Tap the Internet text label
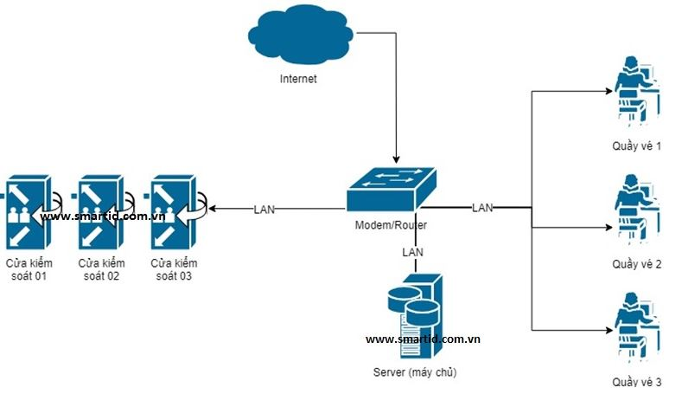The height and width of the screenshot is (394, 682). coord(298,79)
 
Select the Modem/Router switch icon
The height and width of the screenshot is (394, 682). coord(391,188)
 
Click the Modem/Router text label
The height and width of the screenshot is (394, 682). coord(391,225)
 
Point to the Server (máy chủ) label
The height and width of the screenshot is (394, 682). coord(413,372)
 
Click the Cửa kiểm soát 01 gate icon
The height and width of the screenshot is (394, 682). coord(27,211)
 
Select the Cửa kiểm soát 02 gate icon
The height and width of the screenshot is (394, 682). coord(100,211)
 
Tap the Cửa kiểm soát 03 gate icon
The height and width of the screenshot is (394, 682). coord(173,211)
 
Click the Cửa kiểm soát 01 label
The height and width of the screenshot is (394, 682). coord(29,269)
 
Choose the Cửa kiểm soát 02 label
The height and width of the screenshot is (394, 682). coord(101,269)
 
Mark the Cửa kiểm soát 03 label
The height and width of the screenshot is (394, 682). coord(174,269)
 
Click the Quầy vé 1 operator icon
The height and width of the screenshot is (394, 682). coord(636,90)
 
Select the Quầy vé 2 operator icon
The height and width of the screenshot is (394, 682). coord(636,208)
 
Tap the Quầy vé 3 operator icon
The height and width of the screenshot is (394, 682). coord(636,327)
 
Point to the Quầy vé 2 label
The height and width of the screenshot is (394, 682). coord(636,264)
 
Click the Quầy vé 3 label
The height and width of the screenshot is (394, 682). coord(636,383)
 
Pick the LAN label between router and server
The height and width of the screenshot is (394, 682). coord(413,251)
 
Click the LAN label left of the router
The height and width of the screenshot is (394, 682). coord(265,209)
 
